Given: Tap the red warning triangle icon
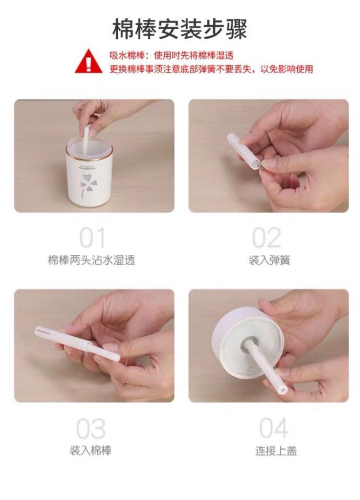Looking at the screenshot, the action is point(88,61).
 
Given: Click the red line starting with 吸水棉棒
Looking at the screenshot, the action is point(171,55).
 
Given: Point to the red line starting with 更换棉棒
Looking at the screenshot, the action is point(211,68).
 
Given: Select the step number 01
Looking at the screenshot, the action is point(92,238).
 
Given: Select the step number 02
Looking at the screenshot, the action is point(266,238).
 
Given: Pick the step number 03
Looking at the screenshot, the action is point(91,428).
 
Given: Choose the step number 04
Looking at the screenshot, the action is point(273,428).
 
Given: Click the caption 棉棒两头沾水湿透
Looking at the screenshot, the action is point(91,260).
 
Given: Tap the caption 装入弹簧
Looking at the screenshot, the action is point(270,260).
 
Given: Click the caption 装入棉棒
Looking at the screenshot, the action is point(90,451).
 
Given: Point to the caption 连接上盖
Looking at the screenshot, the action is point(276,451).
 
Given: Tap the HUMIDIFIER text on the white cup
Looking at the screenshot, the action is point(89,167).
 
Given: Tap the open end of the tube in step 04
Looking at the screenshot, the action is point(283,389).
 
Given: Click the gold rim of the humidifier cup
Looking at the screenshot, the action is point(89,153).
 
